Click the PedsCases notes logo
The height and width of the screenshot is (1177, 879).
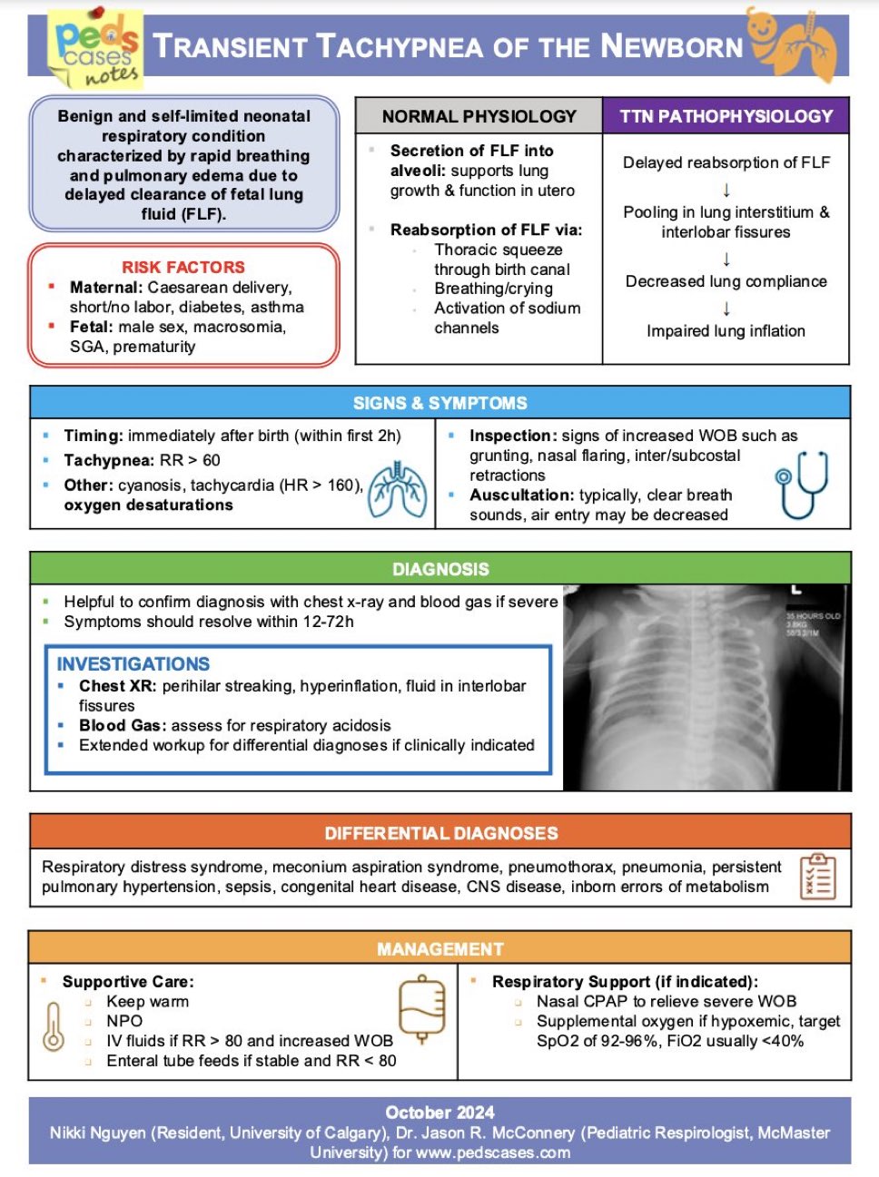pyautogui.click(x=96, y=50)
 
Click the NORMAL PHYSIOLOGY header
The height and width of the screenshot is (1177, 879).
pyautogui.click(x=479, y=116)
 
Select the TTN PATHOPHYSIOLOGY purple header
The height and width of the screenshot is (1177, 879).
pyautogui.click(x=726, y=116)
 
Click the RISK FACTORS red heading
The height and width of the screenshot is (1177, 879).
pyautogui.click(x=183, y=267)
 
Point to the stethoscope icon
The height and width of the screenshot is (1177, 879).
pyautogui.click(x=802, y=486)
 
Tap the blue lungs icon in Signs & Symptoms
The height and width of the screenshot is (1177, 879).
pyautogui.click(x=399, y=491)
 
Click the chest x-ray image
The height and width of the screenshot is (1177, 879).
pyautogui.click(x=706, y=687)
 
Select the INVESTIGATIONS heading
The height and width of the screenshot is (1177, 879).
pyautogui.click(x=133, y=664)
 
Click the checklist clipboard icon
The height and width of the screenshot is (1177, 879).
pyautogui.click(x=817, y=876)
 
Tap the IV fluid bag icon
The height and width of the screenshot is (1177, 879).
pyautogui.click(x=421, y=1008)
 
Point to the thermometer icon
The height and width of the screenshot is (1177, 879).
pyautogui.click(x=54, y=1026)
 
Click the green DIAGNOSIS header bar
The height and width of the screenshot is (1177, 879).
pyautogui.click(x=440, y=569)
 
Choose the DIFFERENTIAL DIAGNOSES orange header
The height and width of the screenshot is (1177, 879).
pyautogui.click(x=441, y=833)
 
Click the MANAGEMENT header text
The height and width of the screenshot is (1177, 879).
pyautogui.click(x=440, y=949)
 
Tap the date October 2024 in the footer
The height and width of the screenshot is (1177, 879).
pyautogui.click(x=439, y=1113)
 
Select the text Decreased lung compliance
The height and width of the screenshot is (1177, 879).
pyautogui.click(x=726, y=281)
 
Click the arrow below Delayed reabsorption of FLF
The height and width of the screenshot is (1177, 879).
pyautogui.click(x=726, y=189)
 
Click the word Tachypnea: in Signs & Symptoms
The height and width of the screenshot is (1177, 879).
pyautogui.click(x=108, y=460)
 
